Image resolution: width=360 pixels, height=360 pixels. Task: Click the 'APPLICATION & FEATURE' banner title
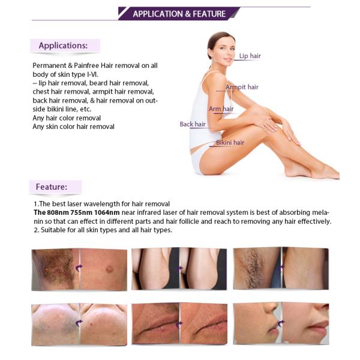pyautogui.click(x=179, y=14)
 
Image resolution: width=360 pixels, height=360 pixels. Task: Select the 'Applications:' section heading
pyautogui.click(x=63, y=46)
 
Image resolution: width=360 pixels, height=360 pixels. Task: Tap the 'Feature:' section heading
pyautogui.click(x=52, y=187)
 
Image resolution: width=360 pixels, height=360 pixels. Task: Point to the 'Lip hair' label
pyautogui.click(x=250, y=56)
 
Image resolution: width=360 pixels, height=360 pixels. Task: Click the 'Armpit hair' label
pyautogui.click(x=242, y=87)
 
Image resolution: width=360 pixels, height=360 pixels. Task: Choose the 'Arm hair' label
pyautogui.click(x=221, y=109)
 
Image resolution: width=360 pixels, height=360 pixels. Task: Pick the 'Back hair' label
pyautogui.click(x=193, y=124)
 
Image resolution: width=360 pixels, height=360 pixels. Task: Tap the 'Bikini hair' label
pyautogui.click(x=230, y=142)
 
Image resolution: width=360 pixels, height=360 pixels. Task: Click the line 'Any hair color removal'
pyautogui.click(x=67, y=118)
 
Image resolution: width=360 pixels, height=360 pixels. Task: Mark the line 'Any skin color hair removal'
pyautogui.click(x=73, y=127)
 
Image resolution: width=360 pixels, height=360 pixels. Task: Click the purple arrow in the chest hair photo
pyautogui.click(x=79, y=268)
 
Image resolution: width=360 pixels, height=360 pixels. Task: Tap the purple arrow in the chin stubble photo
pyautogui.click(x=79, y=323)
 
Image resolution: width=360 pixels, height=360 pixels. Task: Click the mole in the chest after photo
pyautogui.click(x=109, y=269)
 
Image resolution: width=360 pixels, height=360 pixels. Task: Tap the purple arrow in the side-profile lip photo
pyautogui.click(x=281, y=323)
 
